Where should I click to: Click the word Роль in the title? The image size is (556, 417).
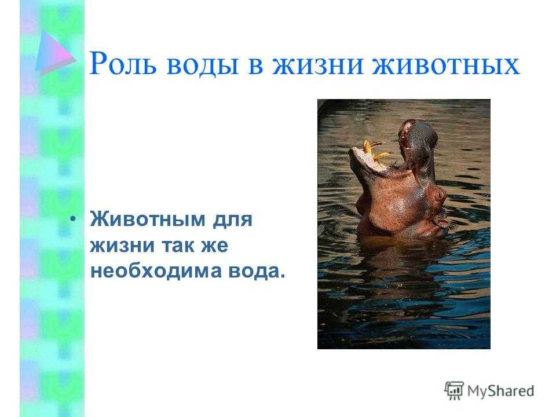123,64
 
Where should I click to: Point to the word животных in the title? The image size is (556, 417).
446,65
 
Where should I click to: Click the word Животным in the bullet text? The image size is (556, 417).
148,219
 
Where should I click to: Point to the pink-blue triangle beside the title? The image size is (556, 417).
54,53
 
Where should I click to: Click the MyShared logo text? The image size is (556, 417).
500,391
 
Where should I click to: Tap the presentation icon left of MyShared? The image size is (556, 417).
454,390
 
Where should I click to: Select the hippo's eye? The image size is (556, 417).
440,195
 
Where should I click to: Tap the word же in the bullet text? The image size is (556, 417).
214,246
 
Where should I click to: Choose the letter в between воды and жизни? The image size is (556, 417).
255,66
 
